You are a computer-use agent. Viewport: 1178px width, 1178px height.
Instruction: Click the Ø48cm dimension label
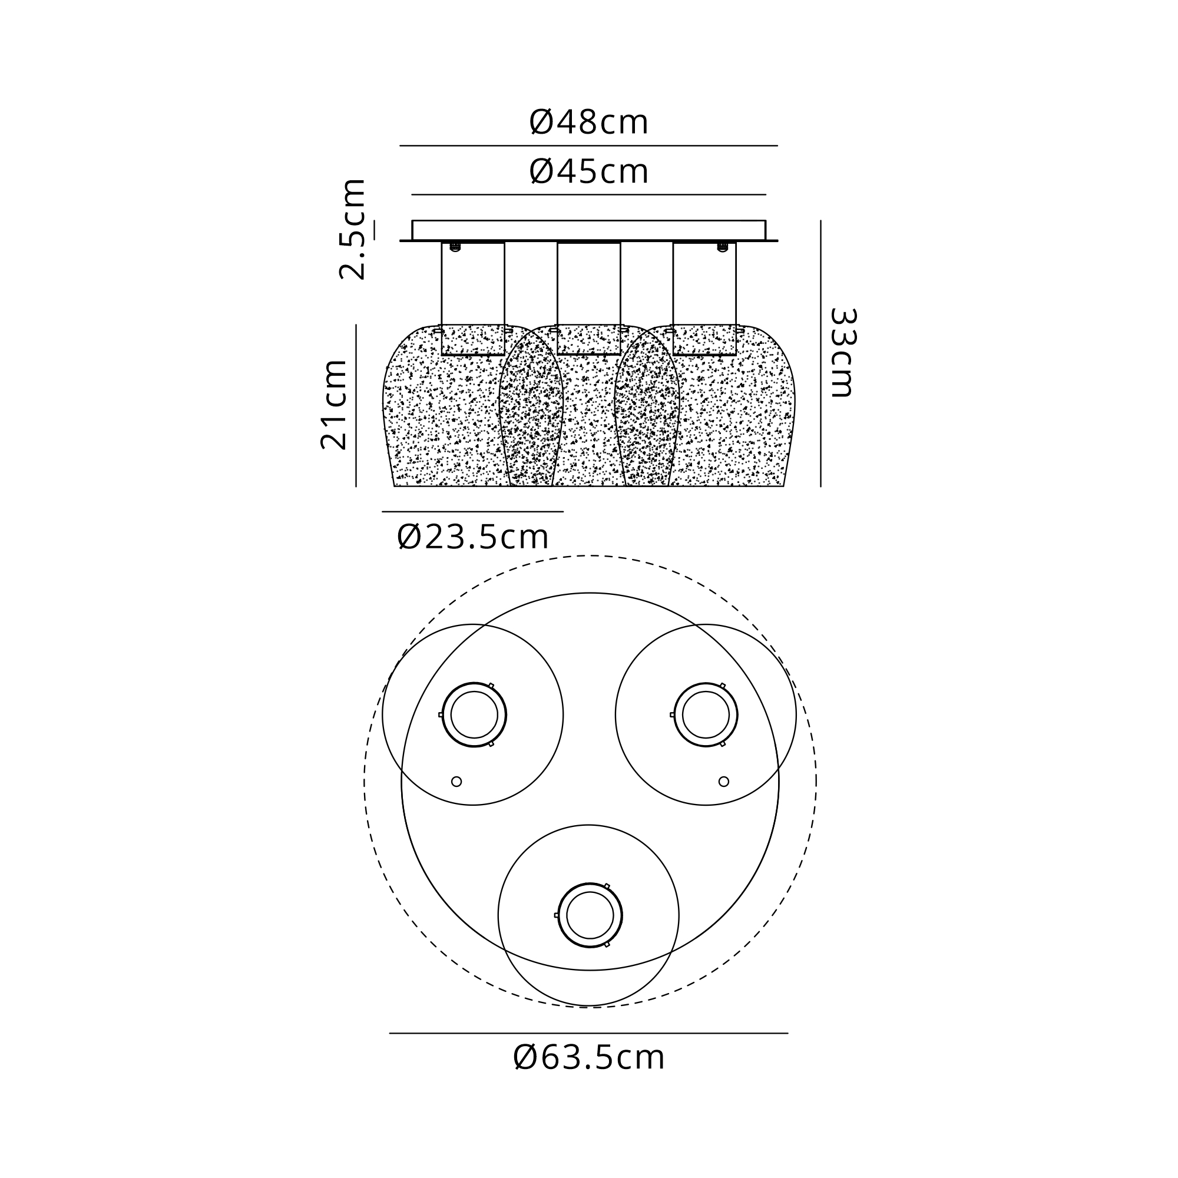588,123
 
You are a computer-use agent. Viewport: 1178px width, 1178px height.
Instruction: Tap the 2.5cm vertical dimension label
352,229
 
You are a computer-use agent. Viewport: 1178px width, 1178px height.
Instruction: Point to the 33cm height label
843,352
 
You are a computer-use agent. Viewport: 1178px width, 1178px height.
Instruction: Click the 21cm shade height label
334,405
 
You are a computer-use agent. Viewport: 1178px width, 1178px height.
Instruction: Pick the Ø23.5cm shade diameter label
472,537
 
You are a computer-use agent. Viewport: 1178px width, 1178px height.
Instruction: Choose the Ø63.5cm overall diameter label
588,1058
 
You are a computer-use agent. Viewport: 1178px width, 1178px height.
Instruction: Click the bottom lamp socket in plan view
590,915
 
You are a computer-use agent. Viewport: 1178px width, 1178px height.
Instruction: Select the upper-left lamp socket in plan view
474,714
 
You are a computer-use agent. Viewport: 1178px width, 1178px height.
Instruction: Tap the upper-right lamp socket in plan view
706,714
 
